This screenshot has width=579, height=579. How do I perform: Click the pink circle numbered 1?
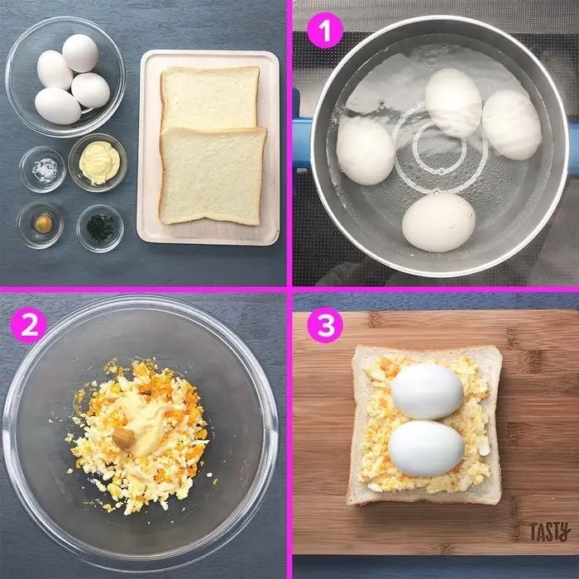(x=325, y=31)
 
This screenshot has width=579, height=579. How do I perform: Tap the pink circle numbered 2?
(x=29, y=325)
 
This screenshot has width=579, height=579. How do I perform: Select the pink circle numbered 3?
(x=325, y=325)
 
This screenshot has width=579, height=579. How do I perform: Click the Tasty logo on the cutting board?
(x=550, y=532)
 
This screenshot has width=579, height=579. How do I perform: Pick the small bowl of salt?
(x=42, y=170)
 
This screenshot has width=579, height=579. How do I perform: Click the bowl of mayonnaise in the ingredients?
(x=98, y=163)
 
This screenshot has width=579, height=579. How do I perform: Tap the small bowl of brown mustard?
(x=40, y=225)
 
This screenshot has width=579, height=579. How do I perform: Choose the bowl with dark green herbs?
(x=100, y=228)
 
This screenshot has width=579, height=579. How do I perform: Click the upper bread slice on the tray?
(x=210, y=98)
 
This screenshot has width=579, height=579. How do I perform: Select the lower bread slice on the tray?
(x=213, y=176)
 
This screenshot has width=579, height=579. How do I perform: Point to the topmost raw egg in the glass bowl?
(x=80, y=53)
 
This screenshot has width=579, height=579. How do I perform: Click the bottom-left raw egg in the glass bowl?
(x=58, y=106)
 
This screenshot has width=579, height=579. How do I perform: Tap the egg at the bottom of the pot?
(x=438, y=223)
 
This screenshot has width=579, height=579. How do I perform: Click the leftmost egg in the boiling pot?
(x=366, y=151)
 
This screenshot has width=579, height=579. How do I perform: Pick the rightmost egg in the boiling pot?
(x=512, y=124)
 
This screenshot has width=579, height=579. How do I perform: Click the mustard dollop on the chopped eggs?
(x=124, y=438)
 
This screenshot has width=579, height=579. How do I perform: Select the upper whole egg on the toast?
(x=428, y=391)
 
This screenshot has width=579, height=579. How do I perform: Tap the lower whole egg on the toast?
(x=427, y=448)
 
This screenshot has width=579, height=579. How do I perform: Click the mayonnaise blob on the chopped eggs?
(x=145, y=421)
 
